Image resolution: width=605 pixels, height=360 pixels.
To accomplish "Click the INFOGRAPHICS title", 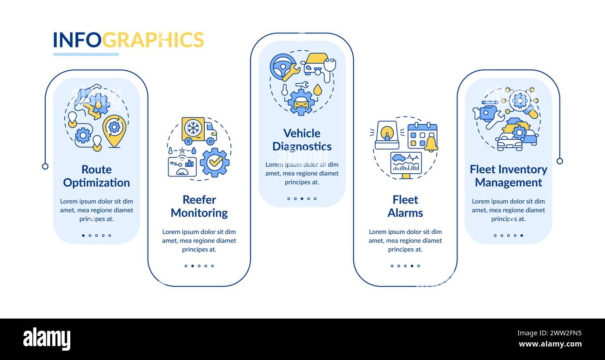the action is (128, 40).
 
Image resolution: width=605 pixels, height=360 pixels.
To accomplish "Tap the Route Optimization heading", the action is (96, 176).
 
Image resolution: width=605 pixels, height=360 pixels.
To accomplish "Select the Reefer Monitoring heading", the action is (199, 206).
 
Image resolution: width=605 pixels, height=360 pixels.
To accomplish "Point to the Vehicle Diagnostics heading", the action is (302, 140).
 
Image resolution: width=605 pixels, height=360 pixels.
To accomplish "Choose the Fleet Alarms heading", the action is (405, 206).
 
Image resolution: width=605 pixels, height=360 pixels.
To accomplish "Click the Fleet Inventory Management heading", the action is (509, 176).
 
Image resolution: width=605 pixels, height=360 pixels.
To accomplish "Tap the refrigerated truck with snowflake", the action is (199, 131).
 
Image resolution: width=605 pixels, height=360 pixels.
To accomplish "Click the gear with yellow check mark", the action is (215, 163).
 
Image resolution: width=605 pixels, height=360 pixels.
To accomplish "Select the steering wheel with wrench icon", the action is (285, 68).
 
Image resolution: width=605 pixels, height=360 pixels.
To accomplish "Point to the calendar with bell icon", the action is (423, 137).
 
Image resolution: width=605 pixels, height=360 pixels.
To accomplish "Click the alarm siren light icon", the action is (387, 135).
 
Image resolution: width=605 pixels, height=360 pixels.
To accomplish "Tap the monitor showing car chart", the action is (406, 165).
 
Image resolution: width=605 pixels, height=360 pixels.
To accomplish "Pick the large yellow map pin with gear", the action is (114, 131).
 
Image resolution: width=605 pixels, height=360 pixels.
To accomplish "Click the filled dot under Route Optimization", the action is (83, 235).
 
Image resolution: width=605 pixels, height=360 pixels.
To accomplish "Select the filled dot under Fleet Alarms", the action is (412, 266).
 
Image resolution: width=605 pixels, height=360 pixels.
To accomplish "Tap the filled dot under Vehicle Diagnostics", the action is (302, 199).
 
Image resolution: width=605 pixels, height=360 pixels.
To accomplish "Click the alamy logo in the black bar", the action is (47, 339).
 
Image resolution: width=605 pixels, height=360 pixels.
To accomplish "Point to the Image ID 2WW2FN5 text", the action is (549, 333).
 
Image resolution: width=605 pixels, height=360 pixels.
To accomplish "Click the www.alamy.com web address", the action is (550, 344).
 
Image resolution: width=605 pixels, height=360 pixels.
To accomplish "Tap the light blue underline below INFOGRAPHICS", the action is (86, 54).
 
